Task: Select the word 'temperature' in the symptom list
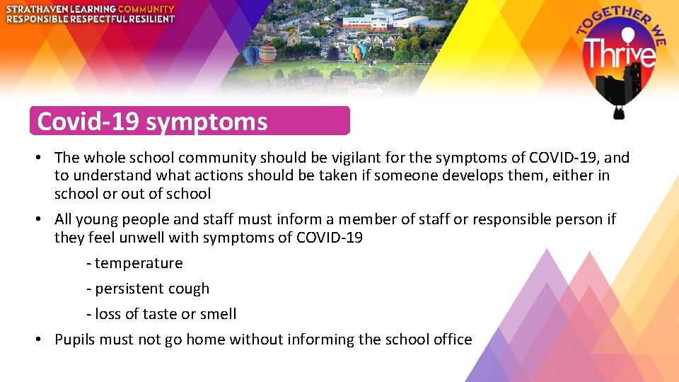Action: pos(139,263)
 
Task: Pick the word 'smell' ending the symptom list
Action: pos(218,314)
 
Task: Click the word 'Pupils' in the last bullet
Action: pos(75,340)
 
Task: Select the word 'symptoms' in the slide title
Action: pos(207,122)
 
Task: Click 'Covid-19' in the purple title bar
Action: pos(88,122)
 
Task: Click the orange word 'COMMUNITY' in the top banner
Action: pos(146,8)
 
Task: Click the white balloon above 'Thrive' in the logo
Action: pos(620,33)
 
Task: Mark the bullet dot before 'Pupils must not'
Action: pos(40,340)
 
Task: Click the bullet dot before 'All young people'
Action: pos(40,220)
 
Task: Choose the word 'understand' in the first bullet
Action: pos(112,175)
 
